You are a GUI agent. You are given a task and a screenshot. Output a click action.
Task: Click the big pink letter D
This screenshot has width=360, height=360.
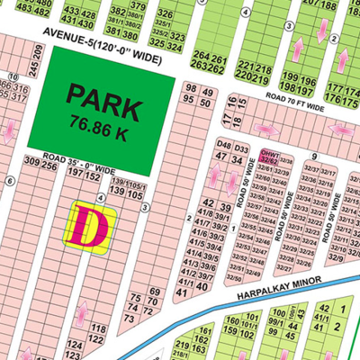pyautogui.click(x=91, y=226)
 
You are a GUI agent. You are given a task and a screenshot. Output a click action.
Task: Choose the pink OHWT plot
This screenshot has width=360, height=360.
pyautogui.click(x=267, y=157)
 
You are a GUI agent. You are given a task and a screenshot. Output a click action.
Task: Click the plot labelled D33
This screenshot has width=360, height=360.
pyautogui.click(x=240, y=146)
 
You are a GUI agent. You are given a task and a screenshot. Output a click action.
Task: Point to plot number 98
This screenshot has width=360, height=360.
pyautogui.click(x=189, y=87)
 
